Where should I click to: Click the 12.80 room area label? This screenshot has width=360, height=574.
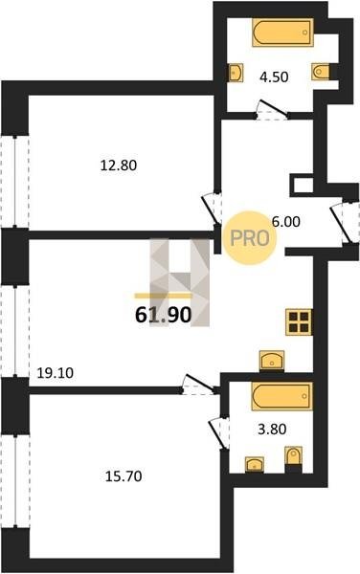pos(119,166)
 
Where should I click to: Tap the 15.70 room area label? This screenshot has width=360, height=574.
pos(124,476)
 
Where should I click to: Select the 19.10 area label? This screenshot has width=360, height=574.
pos(56,373)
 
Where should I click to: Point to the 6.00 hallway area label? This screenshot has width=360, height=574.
pos(285,222)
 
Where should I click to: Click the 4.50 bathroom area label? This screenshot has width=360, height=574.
pos(274,77)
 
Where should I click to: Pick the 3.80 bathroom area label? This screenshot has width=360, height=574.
pos(272,429)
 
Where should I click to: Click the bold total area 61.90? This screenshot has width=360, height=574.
pos(164,315)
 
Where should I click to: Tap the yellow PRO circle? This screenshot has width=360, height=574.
pos(250,238)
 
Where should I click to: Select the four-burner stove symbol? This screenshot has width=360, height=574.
pos(299,321)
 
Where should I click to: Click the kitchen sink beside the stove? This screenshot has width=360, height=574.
pos(272,361)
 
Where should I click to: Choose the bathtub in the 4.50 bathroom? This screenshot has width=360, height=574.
pos(282,33)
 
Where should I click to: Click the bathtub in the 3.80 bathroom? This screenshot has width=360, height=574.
pos(282,396)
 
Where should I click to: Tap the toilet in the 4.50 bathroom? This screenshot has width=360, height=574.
pos(321,72)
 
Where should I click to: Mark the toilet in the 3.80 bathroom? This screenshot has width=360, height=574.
pos(293,455)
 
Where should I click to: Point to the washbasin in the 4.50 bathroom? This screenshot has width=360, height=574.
pos(236,73)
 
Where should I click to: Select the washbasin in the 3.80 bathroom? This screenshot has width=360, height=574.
pos(255,464)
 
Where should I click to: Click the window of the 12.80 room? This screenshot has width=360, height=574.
pos(14,182)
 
